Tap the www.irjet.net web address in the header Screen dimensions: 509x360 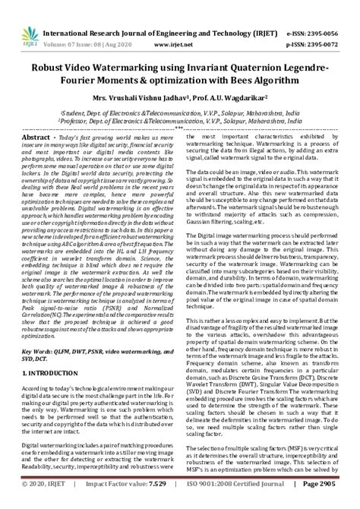click(173, 24)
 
